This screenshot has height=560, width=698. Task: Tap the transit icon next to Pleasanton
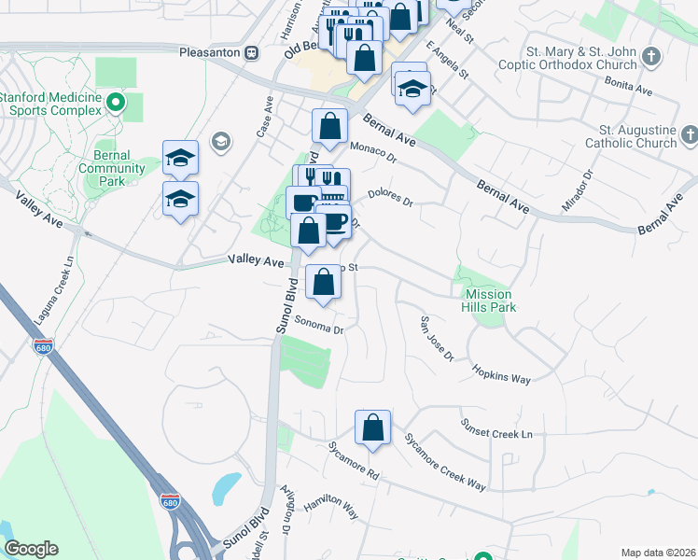pyautogui.click(x=251, y=53)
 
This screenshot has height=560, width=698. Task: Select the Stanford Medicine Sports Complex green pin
pyautogui.click(x=117, y=103)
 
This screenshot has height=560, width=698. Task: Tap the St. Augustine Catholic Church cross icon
pyautogui.click(x=690, y=136)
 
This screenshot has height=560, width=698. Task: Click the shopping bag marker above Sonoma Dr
pyautogui.click(x=324, y=282)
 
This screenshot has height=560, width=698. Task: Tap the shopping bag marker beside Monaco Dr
pyautogui.click(x=329, y=126)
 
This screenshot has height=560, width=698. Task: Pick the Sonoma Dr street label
pyautogui.click(x=320, y=326)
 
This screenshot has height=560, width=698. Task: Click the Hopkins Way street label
pyautogui.click(x=500, y=373)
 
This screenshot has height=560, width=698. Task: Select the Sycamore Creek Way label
pyautogui.click(x=445, y=462)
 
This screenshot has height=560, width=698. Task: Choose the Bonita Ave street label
pyautogui.click(x=629, y=88)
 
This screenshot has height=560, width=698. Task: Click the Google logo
pyautogui.click(x=31, y=549)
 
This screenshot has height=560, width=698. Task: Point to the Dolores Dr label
pyautogui.click(x=390, y=197)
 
